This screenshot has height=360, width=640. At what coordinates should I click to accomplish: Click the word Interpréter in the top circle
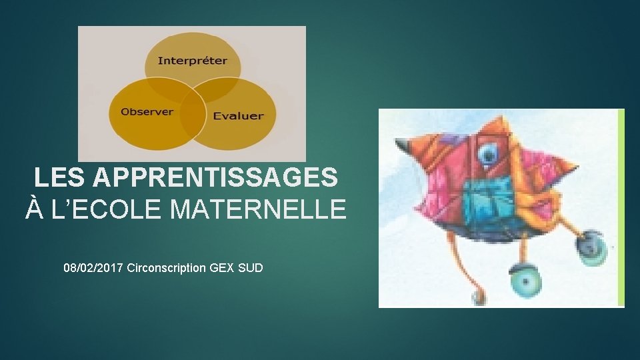click(x=192, y=61)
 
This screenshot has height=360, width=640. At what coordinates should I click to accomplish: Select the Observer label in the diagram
click(x=147, y=111)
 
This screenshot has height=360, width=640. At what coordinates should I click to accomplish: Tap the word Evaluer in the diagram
click(x=238, y=115)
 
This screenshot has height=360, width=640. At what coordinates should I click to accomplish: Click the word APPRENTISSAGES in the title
click(x=215, y=177)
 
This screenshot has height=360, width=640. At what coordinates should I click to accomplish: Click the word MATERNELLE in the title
click(x=259, y=209)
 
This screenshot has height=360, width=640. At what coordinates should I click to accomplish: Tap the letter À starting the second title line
click(x=35, y=209)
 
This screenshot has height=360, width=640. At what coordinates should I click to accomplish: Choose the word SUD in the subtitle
click(x=251, y=268)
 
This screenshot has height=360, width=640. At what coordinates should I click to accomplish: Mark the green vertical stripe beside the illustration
click(x=621, y=207)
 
